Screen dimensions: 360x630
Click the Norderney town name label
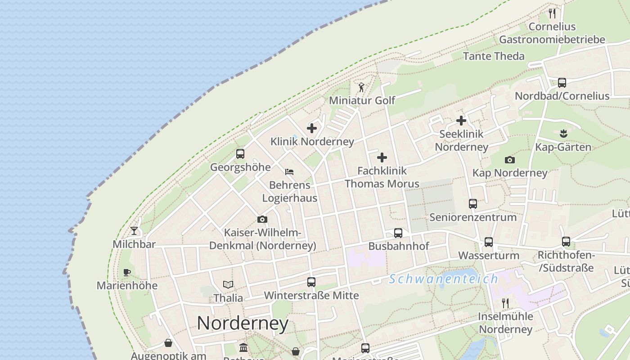pos(243,323)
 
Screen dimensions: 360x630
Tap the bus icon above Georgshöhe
pos(240,154)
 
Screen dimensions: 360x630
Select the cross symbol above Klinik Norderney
pos(312,128)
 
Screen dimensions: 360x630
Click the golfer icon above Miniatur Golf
pos(361,87)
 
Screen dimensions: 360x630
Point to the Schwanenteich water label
pos(444,279)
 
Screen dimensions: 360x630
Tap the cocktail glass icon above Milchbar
pos(134,231)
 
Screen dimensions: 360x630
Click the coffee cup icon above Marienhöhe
pos(127,272)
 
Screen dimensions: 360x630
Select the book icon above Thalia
pos(228,284)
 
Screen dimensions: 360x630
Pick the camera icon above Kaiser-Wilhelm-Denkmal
pos(262,219)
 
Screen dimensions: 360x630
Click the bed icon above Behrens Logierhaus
pos(289,171)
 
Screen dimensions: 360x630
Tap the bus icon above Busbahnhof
pos(398,233)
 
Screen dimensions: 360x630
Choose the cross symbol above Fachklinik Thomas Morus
pos(382,157)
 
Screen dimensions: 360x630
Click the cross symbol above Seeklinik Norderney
pos(461,121)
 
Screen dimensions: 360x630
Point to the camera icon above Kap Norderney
pos(510,160)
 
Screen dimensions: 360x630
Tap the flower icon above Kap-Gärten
pos(563,134)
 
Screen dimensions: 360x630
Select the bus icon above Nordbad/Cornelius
pos(562,83)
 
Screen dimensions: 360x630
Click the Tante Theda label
pos(494,56)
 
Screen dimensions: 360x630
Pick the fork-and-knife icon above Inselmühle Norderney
pos(505,303)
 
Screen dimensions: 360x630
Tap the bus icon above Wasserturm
pos(489,242)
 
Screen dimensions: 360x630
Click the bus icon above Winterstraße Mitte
pos(311,282)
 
